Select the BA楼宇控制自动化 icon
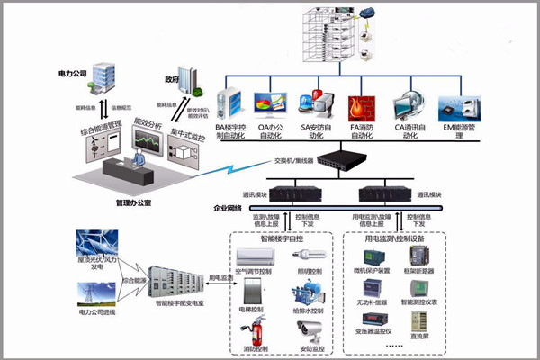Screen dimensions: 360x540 pyautogui.click(x=230, y=104)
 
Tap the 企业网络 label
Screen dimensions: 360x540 pyautogui.click(x=230, y=208)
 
